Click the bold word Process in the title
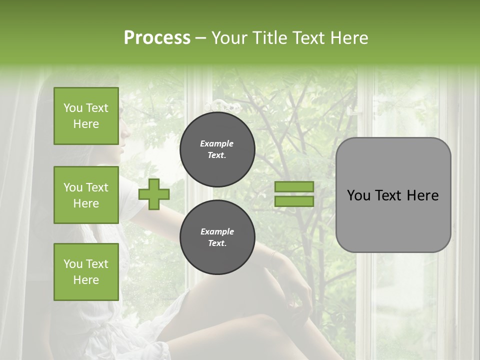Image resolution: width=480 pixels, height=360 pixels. pyautogui.click(x=157, y=38)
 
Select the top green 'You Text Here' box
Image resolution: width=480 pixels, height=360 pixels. pyautogui.click(x=86, y=116)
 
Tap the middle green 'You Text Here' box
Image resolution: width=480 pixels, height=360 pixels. pyautogui.click(x=86, y=195)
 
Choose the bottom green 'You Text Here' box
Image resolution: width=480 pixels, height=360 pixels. pyautogui.click(x=86, y=272)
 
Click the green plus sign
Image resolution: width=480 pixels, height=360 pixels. pyautogui.click(x=154, y=194)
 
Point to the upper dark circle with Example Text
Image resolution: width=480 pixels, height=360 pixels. pyautogui.click(x=217, y=149)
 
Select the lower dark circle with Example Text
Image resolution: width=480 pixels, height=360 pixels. pyautogui.click(x=217, y=237)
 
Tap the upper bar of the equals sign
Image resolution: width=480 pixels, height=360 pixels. pyautogui.click(x=294, y=187)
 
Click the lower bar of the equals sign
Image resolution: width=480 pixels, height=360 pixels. pyautogui.click(x=294, y=201)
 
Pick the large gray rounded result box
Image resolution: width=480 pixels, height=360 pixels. pyautogui.click(x=393, y=195)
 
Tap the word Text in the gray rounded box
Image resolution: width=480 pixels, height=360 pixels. pyautogui.click(x=388, y=195)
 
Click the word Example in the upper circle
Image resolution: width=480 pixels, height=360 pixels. pyautogui.click(x=217, y=144)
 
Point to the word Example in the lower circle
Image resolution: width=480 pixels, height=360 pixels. pyautogui.click(x=217, y=232)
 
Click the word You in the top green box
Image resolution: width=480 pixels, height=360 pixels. pyautogui.click(x=73, y=108)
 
